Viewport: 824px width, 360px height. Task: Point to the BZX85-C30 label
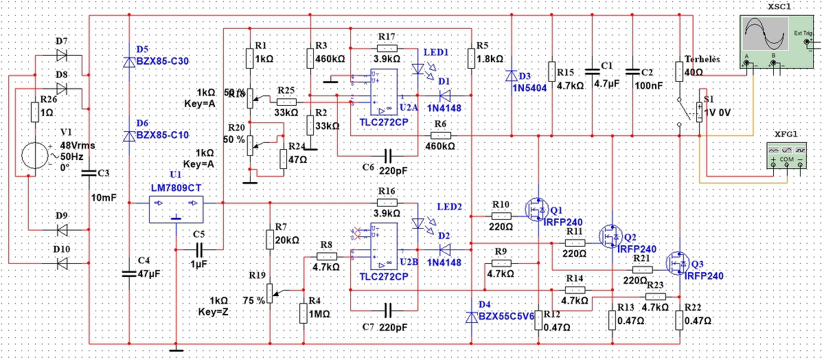[162, 62]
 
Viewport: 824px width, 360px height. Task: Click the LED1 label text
[436, 52]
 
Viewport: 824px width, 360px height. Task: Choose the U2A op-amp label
[408, 108]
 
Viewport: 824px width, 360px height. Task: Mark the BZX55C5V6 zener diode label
[507, 316]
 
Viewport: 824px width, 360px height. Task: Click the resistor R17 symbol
[387, 48]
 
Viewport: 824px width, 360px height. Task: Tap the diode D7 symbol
[62, 54]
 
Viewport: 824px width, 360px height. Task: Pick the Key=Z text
[214, 312]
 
